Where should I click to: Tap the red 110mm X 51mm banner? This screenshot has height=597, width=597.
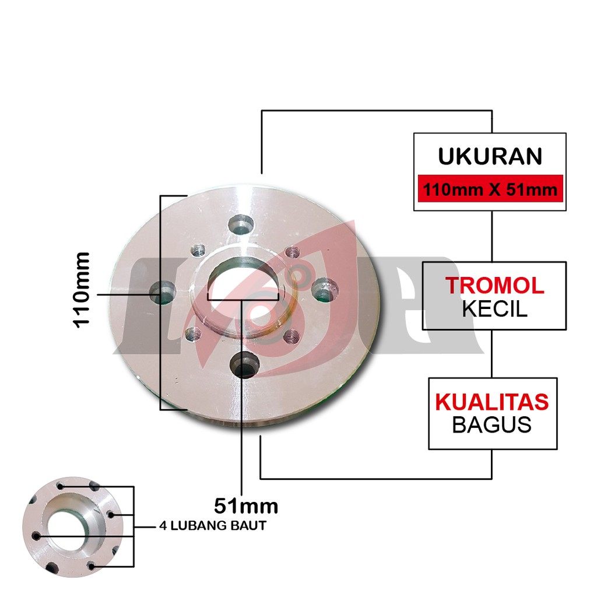[x=490, y=189]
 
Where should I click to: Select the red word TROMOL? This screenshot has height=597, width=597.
[x=494, y=285]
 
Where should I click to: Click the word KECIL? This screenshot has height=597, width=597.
[x=494, y=308]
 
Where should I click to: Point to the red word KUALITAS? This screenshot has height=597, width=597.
[x=492, y=402]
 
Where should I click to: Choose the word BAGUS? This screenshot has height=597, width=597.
[x=492, y=424]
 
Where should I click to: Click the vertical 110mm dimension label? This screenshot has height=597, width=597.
[x=82, y=289]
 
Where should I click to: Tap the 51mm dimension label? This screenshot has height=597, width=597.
[x=245, y=504]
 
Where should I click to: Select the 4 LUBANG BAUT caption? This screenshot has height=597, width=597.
[x=213, y=526]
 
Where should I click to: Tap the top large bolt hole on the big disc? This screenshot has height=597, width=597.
[x=240, y=224]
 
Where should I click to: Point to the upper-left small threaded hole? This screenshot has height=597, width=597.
[x=198, y=251]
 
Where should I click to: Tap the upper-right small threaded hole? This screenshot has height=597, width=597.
[x=292, y=252]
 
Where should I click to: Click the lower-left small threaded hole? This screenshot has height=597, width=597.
[x=193, y=333]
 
